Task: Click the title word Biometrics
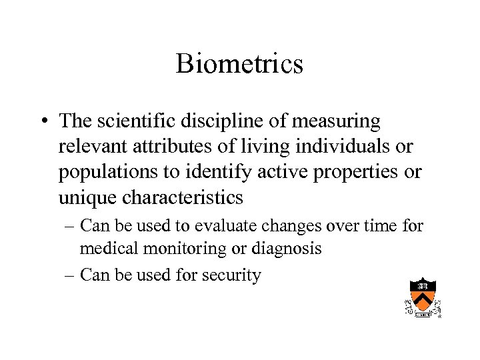pos(239,64)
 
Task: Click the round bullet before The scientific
pos(43,122)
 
